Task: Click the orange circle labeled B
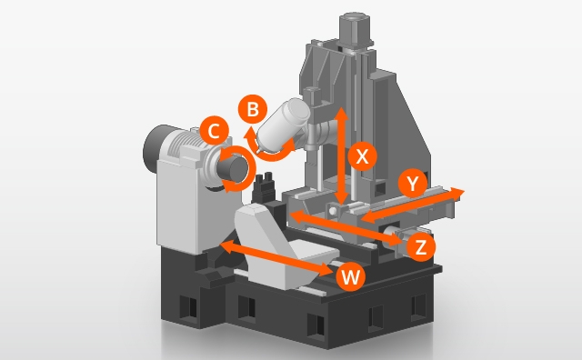253,109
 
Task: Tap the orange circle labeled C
215,131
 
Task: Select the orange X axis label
362,156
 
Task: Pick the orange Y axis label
412,184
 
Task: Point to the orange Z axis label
421,246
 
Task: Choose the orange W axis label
350,276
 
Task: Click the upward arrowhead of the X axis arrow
342,114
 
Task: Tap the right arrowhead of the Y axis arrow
457,193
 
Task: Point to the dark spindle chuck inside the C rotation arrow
234,168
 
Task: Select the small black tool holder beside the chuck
265,186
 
